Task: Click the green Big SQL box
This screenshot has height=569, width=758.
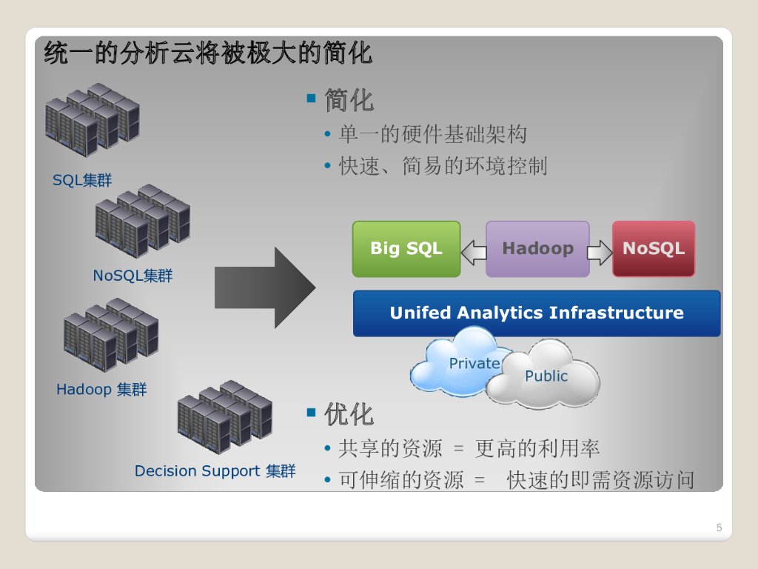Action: coord(406,249)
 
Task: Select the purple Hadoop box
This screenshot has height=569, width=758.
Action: coord(537,249)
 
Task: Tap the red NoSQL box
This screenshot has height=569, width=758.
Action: coord(654,249)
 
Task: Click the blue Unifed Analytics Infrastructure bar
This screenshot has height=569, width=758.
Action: coord(537,313)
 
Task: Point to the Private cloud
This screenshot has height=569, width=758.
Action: coord(457,362)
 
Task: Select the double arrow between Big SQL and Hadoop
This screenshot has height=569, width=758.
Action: coord(473,253)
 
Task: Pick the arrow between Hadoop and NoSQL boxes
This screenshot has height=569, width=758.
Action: coord(600,253)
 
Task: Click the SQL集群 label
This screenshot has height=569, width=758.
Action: coord(82,180)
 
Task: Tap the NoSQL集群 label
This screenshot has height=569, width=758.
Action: coord(133,276)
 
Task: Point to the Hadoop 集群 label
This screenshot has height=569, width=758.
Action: coord(101,389)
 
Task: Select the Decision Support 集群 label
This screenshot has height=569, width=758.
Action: coord(215,471)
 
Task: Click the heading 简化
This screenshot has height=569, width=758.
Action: coord(349,100)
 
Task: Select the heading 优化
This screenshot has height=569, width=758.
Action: coord(349,414)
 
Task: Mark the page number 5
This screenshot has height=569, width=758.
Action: coord(719,528)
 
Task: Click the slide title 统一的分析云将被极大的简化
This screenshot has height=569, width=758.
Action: coord(208,53)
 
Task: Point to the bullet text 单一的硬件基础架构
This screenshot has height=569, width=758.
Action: coord(432,135)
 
